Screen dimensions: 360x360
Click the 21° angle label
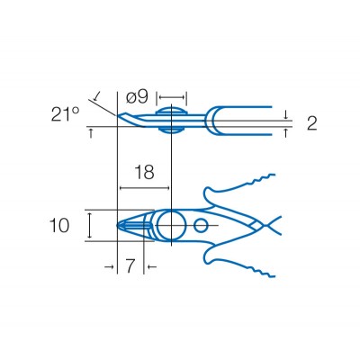(x=65, y=114)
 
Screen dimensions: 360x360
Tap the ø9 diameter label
(x=137, y=96)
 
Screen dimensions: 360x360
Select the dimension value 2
(x=312, y=123)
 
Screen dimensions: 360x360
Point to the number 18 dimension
(x=144, y=172)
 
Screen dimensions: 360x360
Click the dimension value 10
(x=59, y=226)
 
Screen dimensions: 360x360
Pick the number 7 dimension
(x=130, y=265)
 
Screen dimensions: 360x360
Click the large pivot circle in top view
(x=172, y=225)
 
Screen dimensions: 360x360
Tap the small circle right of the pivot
(x=201, y=225)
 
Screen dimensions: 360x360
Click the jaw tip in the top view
(x=117, y=225)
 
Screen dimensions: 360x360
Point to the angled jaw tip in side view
(x=119, y=116)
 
